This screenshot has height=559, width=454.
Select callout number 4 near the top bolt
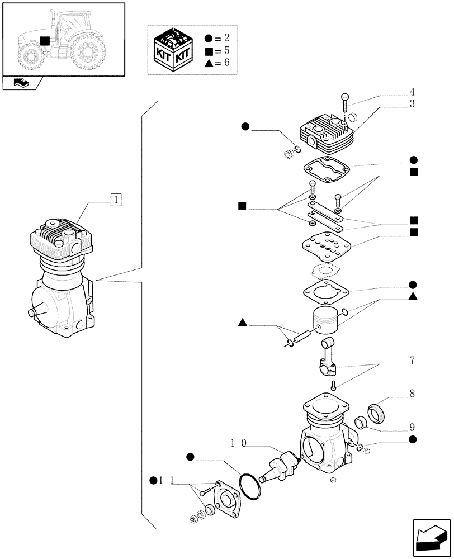point(412,92)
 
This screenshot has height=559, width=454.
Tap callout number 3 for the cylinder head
point(412,104)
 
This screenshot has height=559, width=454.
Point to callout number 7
point(412,361)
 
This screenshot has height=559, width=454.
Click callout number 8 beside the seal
point(412,394)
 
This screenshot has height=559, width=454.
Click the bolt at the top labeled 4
point(345,102)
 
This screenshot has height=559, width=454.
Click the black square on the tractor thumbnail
point(45,40)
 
